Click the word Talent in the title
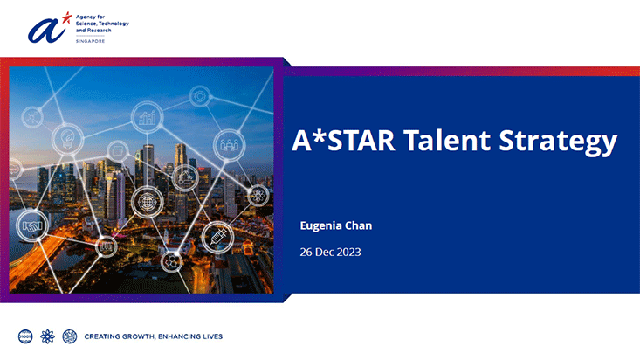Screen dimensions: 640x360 [447, 140]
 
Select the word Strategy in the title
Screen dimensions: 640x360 [558, 142]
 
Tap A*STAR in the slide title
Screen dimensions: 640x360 [343, 140]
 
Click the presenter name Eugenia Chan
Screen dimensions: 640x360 [336, 225]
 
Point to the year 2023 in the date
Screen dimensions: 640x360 [349, 253]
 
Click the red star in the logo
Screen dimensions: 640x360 [66, 17]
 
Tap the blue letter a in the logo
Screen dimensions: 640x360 [45, 31]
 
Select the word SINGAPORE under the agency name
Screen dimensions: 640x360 [90, 41]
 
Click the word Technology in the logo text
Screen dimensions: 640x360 [114, 24]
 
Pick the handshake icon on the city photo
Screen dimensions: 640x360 [32, 225]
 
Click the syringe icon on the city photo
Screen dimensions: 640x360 [217, 238]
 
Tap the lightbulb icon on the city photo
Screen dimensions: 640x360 [67, 139]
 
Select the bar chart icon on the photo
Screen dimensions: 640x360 [147, 117]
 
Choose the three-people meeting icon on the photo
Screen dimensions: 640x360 [230, 145]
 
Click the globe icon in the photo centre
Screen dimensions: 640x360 [147, 202]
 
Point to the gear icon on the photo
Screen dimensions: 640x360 [200, 97]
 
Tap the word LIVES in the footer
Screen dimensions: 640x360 [212, 336]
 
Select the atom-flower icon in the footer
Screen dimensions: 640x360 [47, 336]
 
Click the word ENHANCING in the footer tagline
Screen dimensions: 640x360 [178, 336]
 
